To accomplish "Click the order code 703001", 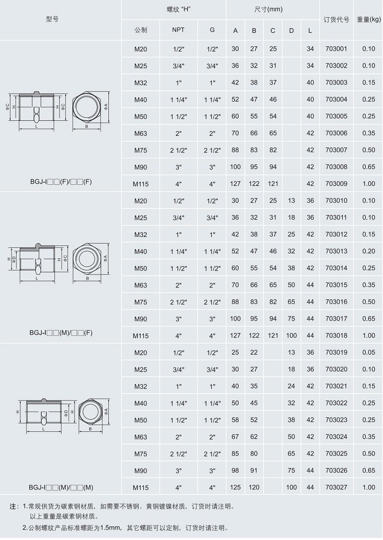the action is click(336, 49).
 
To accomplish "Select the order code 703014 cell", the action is click(336, 268).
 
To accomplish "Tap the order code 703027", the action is click(336, 487).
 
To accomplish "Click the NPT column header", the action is click(178, 30).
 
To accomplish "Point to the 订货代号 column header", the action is click(336, 20).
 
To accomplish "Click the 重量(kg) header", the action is click(368, 20).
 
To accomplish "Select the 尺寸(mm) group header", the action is click(268, 9).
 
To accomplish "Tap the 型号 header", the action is click(52, 19).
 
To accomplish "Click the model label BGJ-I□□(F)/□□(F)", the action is click(60, 182).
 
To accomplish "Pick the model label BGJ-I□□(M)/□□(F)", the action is click(60, 333).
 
